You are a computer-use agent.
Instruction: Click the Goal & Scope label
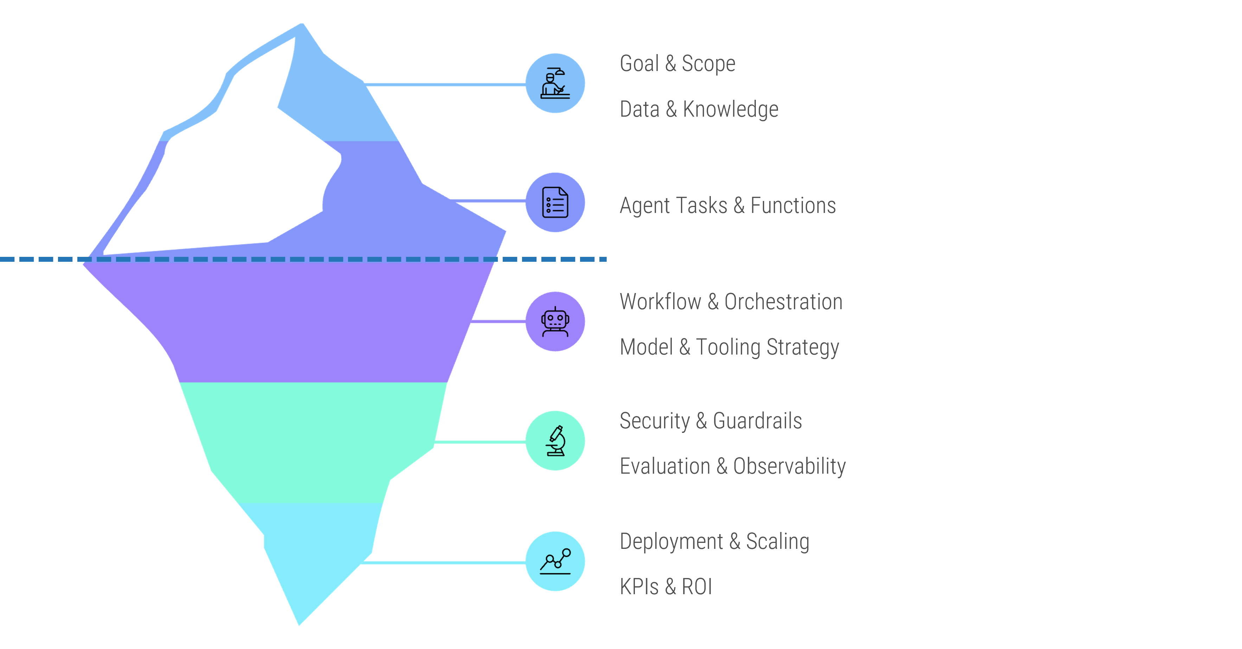677,64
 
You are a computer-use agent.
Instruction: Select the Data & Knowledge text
699,109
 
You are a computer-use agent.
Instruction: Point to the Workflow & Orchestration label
731,301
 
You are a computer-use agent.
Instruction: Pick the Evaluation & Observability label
732,466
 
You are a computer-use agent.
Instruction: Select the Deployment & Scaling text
714,541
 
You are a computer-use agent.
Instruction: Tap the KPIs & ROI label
665,587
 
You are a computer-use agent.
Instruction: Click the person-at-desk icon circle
555,83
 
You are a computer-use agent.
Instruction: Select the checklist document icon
555,202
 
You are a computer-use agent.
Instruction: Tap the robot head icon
555,322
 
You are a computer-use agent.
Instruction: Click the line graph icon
555,561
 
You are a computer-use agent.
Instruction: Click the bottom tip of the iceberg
299,624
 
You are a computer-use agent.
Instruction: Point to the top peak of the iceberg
302,24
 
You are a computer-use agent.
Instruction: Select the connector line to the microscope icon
480,441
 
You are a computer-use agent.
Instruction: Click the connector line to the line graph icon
444,562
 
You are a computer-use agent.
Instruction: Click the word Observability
789,466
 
